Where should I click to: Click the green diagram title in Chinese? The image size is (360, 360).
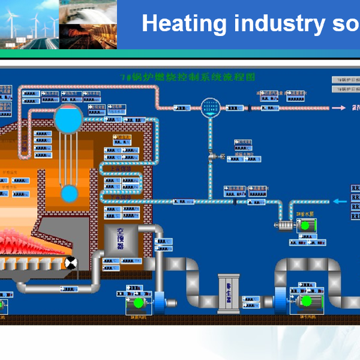188,77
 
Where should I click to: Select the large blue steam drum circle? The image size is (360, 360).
69,119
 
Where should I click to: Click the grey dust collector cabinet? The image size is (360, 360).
228,293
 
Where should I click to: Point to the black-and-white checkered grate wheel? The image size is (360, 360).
71,263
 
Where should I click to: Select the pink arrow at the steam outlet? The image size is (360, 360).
340,108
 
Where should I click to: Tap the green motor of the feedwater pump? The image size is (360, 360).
305,226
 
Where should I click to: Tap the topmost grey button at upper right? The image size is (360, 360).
345,79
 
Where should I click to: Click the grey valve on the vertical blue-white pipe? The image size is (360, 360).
212,156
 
